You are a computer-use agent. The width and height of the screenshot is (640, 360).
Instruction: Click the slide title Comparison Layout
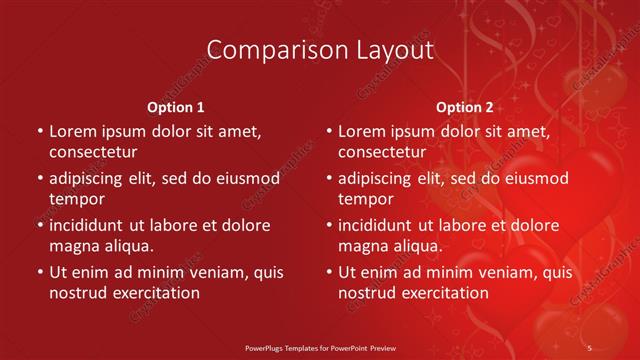[x=319, y=50]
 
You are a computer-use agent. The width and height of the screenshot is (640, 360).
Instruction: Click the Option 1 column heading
[x=175, y=107]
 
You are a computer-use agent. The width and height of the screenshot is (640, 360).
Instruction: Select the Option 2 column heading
[x=464, y=107]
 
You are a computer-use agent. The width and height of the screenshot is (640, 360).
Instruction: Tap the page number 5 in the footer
[x=589, y=346]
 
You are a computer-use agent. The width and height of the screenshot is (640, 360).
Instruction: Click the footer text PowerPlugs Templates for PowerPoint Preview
[x=319, y=346]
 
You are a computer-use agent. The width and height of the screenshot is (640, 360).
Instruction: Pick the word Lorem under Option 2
[x=362, y=131]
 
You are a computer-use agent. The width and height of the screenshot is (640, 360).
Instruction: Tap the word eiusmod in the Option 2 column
[x=533, y=178]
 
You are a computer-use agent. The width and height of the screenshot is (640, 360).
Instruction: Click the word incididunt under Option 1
[x=90, y=225]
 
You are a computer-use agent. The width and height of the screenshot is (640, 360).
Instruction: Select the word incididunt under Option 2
[x=379, y=225]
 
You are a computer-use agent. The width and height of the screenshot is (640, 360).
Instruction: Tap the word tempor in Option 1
[x=77, y=199]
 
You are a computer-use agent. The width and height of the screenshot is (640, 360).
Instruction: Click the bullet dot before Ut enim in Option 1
[x=39, y=272]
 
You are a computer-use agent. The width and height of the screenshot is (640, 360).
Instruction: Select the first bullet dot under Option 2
[x=328, y=131]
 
